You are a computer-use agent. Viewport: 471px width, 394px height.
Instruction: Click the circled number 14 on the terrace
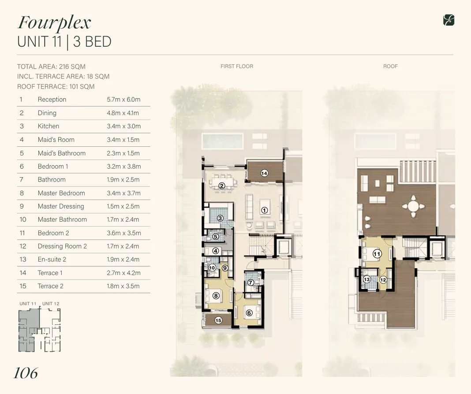pos(264,173)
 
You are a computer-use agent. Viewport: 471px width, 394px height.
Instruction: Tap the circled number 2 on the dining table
pos(222,186)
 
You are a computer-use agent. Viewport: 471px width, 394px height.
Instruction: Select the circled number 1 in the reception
pos(265,210)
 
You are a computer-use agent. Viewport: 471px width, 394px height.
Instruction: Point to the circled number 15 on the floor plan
pos(218,320)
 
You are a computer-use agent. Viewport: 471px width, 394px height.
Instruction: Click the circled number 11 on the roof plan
pos(377,254)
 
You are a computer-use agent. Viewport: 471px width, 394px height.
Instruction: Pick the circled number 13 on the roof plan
pos(366,279)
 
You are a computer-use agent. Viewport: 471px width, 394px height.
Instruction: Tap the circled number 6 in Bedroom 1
pos(249,313)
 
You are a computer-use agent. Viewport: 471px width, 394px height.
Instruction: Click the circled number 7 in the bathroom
pos(250,282)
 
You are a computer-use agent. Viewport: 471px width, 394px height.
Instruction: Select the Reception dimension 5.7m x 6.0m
pos(123,100)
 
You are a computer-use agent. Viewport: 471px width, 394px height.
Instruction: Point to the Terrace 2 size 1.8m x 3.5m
pos(123,286)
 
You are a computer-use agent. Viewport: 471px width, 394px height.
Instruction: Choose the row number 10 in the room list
pos(23,219)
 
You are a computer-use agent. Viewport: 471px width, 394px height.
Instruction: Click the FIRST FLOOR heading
pos(237,67)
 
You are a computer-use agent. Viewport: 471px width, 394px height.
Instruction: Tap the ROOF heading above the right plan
pos(390,67)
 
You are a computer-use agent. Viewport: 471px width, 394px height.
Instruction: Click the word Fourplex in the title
pos(54,22)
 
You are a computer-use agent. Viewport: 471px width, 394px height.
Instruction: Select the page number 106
pos(26,373)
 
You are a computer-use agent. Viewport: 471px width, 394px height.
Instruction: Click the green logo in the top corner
pos(449,20)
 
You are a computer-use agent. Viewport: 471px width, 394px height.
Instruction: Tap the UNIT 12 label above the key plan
pos(51,304)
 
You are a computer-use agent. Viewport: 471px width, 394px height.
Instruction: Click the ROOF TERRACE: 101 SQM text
pos(56,86)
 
